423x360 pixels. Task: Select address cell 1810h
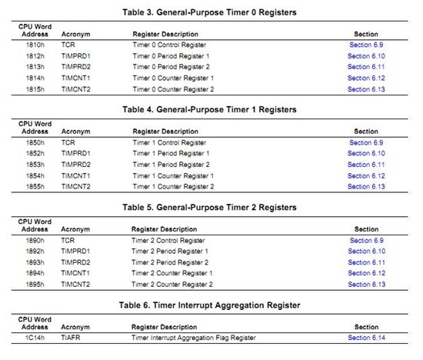(34, 45)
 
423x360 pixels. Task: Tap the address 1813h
(34, 67)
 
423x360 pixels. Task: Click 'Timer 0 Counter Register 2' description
(173, 88)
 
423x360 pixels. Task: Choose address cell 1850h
(34, 142)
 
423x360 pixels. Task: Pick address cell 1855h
(34, 186)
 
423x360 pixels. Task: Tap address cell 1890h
(34, 240)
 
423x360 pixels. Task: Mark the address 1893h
(34, 262)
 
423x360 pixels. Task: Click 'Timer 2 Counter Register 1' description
(173, 273)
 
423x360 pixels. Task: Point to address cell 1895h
(34, 284)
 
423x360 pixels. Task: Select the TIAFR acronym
(70, 338)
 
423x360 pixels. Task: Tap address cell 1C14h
(34, 338)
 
